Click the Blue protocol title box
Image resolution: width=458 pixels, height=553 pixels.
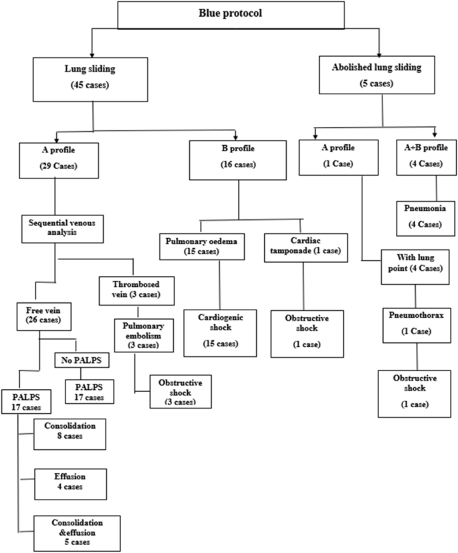[229, 15]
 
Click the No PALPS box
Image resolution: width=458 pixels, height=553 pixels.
[80, 360]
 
